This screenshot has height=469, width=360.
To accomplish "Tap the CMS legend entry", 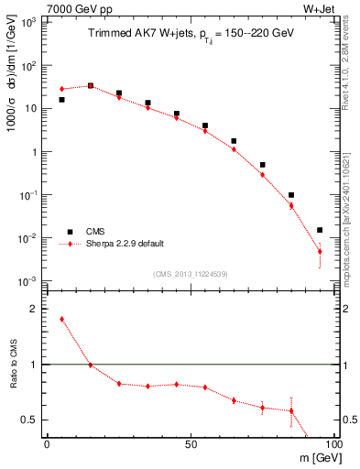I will coord(94,232).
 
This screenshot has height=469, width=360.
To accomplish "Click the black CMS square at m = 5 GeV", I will coord(61,100).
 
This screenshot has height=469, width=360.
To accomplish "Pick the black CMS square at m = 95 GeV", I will coord(320,230).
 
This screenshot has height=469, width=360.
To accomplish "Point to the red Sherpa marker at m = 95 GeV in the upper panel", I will coord(320,251).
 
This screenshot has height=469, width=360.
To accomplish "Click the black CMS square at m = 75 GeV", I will coord(262,165).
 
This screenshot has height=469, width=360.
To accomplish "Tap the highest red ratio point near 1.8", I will coord(61,319).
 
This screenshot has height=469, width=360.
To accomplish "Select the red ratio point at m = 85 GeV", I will coord(291,410).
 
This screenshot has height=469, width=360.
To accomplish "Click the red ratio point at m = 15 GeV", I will coord(90,365).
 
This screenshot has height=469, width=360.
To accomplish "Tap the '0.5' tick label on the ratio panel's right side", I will coord(344,420).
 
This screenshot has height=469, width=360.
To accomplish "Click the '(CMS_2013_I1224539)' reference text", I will coord(190,273).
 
